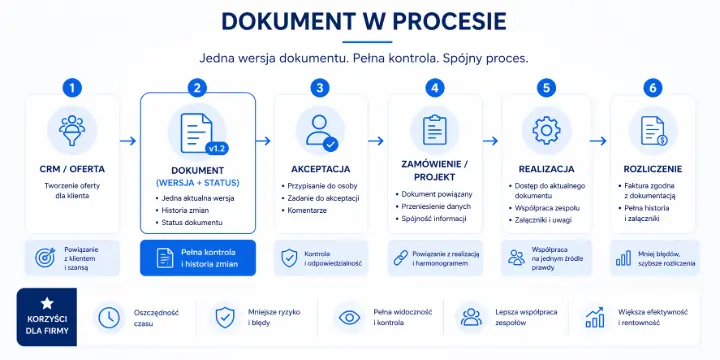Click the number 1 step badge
click(x=70, y=88)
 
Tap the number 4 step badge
click(x=434, y=88)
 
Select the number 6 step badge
click(x=653, y=88)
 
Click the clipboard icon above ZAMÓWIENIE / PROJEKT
click(x=434, y=130)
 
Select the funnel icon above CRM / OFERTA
click(x=70, y=130)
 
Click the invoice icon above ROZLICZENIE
click(x=653, y=130)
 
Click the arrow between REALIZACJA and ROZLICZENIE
click(x=599, y=141)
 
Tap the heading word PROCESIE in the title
click(x=423, y=21)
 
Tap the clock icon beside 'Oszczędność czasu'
click(x=108, y=317)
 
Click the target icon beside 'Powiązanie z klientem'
click(x=45, y=258)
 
